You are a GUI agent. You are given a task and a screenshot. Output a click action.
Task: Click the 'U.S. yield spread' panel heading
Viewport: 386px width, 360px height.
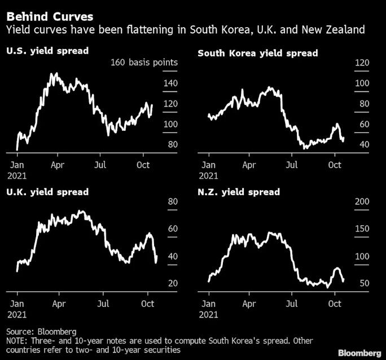[47, 51]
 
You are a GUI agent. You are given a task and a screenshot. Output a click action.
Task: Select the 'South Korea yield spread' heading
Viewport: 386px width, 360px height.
[257, 53]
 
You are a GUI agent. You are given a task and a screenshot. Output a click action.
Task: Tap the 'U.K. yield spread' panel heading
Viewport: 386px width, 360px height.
[47, 192]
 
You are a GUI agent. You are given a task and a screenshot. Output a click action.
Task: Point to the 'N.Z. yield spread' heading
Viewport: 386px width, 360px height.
[238, 192]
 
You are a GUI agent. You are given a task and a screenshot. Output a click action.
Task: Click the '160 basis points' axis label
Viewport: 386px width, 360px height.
[144, 62]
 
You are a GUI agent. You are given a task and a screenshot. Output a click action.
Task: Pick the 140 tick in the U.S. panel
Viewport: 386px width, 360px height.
[170, 84]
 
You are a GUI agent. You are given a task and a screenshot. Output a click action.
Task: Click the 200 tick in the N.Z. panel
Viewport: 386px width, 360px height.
[361, 202]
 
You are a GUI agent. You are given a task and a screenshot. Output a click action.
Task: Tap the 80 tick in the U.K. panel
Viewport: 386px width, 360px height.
[173, 202]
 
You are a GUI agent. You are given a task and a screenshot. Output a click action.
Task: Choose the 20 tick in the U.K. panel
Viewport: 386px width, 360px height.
[173, 283]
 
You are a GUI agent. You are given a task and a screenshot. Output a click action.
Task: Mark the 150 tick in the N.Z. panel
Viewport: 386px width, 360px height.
[361, 229]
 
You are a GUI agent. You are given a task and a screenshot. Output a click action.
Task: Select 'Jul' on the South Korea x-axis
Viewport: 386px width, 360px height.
[292, 165]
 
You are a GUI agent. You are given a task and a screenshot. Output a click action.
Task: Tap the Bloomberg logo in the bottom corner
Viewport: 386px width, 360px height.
[358, 353]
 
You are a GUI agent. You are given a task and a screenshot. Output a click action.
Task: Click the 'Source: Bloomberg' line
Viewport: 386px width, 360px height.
[41, 331]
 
